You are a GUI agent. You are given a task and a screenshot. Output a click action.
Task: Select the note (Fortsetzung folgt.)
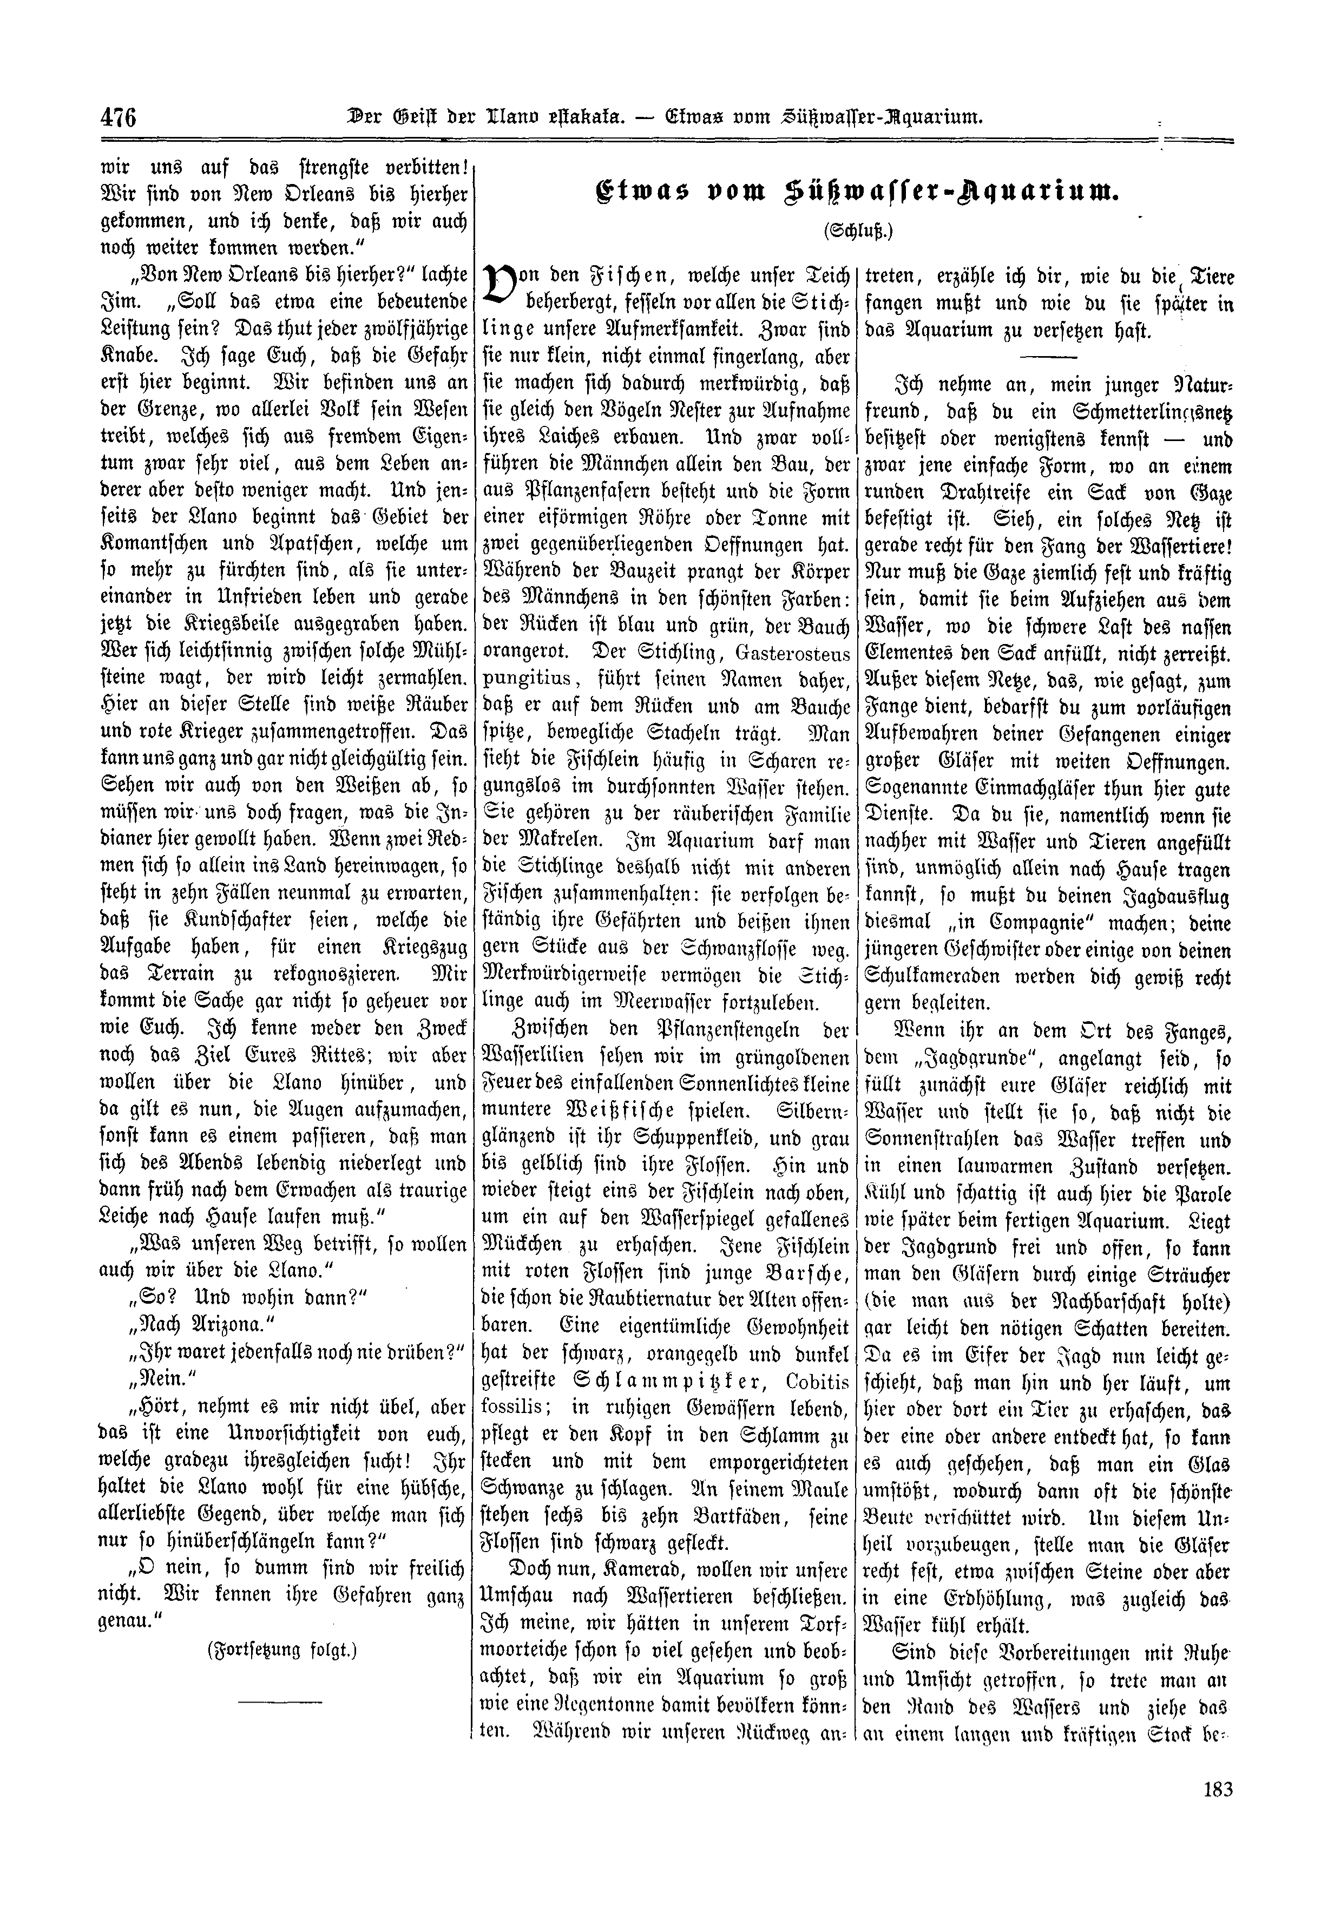(281, 1651)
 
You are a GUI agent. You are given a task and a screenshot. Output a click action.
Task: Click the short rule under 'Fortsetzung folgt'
(280, 1701)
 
